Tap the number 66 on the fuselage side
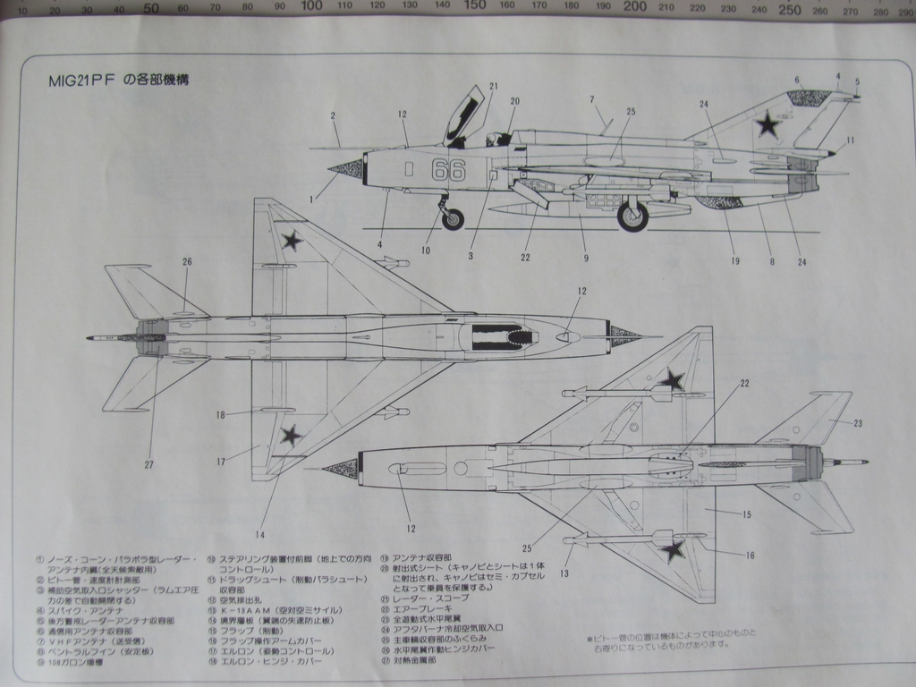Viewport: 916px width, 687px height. pyautogui.click(x=448, y=169)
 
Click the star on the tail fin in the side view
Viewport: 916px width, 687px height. pyautogui.click(x=768, y=124)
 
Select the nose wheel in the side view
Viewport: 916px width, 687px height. pyautogui.click(x=454, y=218)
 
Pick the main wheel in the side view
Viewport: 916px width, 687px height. pyautogui.click(x=632, y=216)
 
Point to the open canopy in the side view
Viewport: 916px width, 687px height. pyautogui.click(x=464, y=114)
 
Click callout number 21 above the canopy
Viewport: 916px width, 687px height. pyautogui.click(x=493, y=87)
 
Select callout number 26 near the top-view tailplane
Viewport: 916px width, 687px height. pyautogui.click(x=187, y=262)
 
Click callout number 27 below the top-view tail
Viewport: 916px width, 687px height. pyautogui.click(x=148, y=464)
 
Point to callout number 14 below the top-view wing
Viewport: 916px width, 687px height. pyautogui.click(x=259, y=535)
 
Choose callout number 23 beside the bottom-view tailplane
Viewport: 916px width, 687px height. pyautogui.click(x=858, y=423)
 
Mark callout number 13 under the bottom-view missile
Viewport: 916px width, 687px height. pyautogui.click(x=564, y=573)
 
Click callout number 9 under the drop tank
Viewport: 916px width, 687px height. pyautogui.click(x=586, y=259)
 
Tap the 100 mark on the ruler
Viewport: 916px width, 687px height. pyautogui.click(x=311, y=6)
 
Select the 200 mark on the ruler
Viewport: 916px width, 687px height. pyautogui.click(x=634, y=6)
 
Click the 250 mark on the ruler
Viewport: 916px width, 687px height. pyautogui.click(x=789, y=9)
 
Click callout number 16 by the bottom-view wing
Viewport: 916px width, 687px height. pyautogui.click(x=750, y=556)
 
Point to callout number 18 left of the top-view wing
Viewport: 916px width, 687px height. pyautogui.click(x=220, y=414)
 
